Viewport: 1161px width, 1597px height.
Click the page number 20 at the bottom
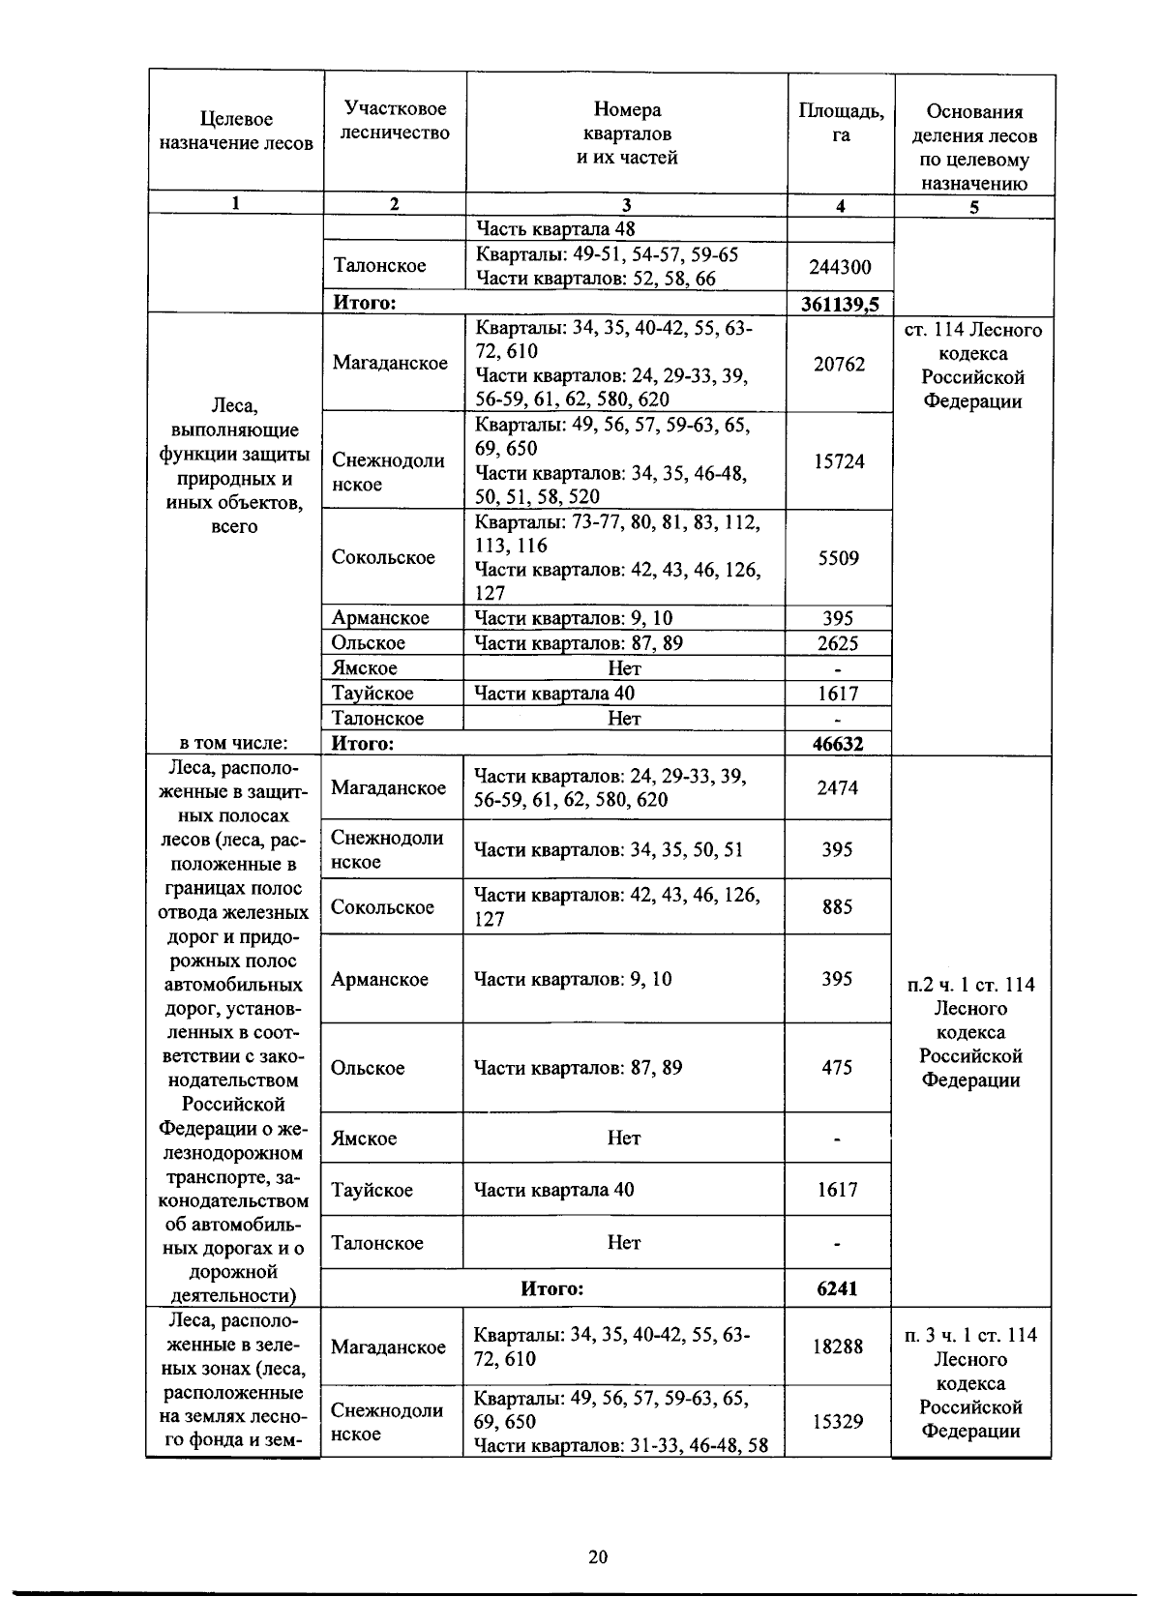pos(597,1556)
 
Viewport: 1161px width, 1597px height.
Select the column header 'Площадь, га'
pos(840,123)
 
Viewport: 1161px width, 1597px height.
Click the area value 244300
pos(839,266)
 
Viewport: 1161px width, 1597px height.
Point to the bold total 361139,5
pos(840,305)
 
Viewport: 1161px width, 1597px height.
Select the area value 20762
pos(839,364)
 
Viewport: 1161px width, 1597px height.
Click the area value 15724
pos(839,461)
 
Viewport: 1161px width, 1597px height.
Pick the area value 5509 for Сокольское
pos(839,558)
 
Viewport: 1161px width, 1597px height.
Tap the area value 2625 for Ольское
pos(838,643)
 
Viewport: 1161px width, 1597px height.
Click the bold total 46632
pos(838,744)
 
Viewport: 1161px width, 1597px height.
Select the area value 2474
pos(837,787)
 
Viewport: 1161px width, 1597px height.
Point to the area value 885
pos(837,907)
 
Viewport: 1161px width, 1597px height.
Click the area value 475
pos(837,1068)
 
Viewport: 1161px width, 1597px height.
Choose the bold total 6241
pos(837,1288)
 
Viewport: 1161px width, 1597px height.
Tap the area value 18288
pos(837,1346)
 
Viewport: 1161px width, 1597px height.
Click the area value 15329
pos(837,1421)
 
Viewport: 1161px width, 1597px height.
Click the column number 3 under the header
pos(626,205)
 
